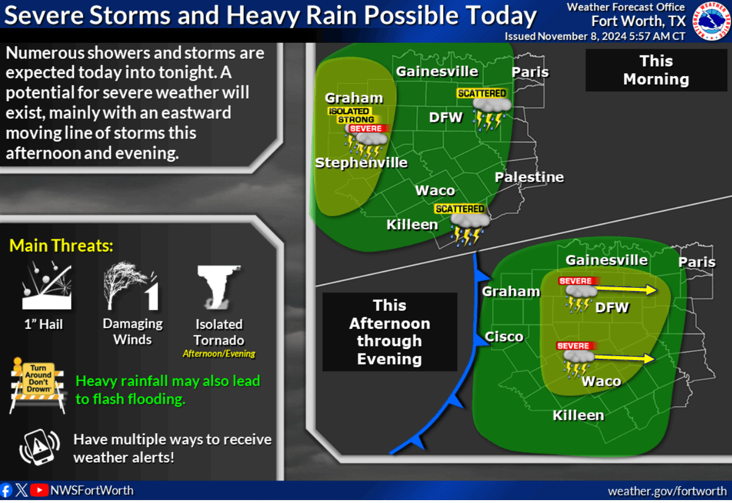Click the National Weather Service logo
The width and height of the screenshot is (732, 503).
711,21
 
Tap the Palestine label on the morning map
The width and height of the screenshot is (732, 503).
529,177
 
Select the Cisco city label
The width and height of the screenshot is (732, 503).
504,336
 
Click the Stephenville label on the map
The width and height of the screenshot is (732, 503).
361,162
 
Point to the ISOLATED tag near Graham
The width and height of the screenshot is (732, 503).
349,111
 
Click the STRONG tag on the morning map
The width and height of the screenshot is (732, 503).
356,119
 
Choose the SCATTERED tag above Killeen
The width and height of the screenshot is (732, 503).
460,209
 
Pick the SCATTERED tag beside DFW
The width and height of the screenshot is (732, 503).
481,93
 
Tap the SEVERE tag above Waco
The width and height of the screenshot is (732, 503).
573,346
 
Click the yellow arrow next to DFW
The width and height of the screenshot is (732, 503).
626,289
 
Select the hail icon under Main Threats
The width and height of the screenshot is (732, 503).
47,285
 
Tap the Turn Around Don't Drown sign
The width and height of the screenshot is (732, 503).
38,385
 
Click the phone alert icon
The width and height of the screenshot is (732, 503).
39,446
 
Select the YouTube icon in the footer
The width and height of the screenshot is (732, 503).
39,490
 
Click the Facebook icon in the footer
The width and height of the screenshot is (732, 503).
6,490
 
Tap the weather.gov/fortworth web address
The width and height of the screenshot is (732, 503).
667,491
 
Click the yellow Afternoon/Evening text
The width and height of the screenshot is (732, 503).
219,354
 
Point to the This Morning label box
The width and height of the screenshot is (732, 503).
656,70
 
